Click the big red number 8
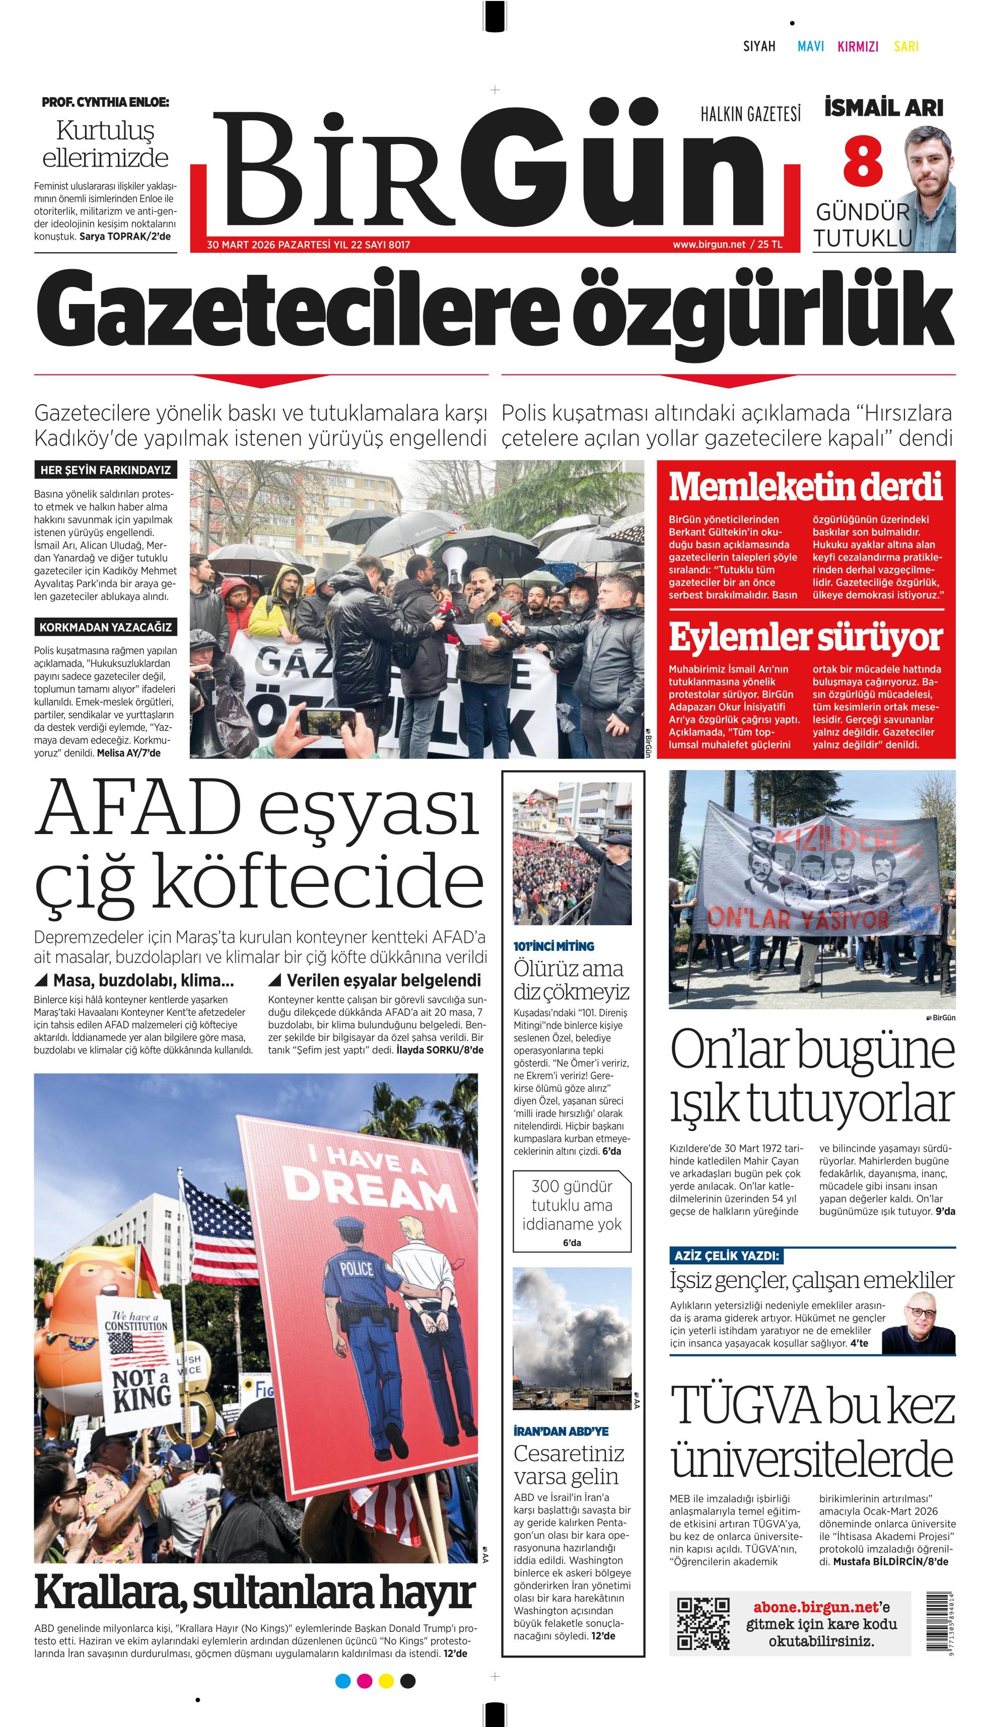point(863,162)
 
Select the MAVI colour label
point(811,46)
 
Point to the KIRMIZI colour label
point(858,46)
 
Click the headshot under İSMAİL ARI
point(930,190)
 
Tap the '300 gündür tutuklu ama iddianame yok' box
point(572,1211)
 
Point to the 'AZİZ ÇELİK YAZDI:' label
point(726,1255)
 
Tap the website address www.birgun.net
point(709,245)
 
